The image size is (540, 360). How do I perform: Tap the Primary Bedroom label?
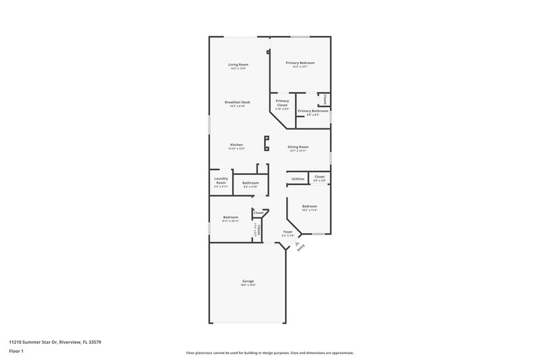[300, 63]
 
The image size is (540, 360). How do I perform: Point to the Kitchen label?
[236, 145]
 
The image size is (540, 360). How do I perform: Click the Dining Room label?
[298, 147]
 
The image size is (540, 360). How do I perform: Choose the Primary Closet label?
[282, 103]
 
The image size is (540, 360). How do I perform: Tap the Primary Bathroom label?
[313, 111]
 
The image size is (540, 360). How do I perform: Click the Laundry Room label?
[221, 181]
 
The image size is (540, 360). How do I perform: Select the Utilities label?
[298, 178]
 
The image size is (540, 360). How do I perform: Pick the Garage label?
[248, 281]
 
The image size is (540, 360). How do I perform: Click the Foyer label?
[288, 232]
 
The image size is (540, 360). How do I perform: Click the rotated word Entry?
[301, 247]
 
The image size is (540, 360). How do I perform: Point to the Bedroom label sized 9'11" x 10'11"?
[230, 217]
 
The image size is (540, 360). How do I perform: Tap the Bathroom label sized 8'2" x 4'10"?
[251, 183]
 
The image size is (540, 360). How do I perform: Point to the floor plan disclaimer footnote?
[270, 353]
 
